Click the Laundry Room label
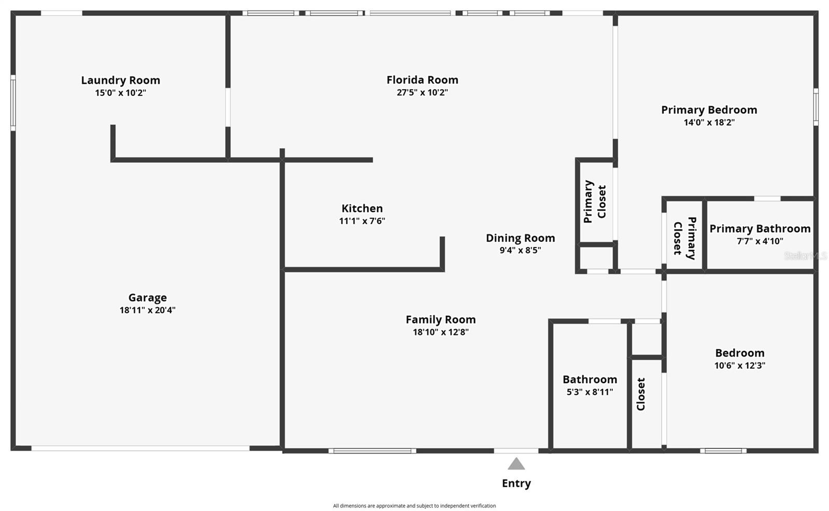tap(120, 80)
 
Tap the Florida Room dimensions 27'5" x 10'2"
tap(422, 93)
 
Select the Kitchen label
tap(362, 209)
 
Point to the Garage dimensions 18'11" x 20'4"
tap(148, 310)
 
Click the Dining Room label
tap(520, 238)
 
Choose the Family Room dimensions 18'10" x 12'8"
tap(440, 332)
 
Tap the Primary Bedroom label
tap(709, 110)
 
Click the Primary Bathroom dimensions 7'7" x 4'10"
tap(760, 241)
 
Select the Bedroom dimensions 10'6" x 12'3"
tap(739, 366)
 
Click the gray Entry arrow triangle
tap(516, 464)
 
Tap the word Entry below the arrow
tap(516, 484)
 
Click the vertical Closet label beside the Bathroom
tap(641, 394)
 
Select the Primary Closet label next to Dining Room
tap(595, 201)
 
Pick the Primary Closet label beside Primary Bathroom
tap(684, 238)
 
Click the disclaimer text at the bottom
tap(414, 506)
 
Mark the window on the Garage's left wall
tap(13, 103)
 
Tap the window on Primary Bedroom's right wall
tap(815, 107)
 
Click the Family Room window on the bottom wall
tap(372, 451)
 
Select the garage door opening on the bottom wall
tap(140, 448)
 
